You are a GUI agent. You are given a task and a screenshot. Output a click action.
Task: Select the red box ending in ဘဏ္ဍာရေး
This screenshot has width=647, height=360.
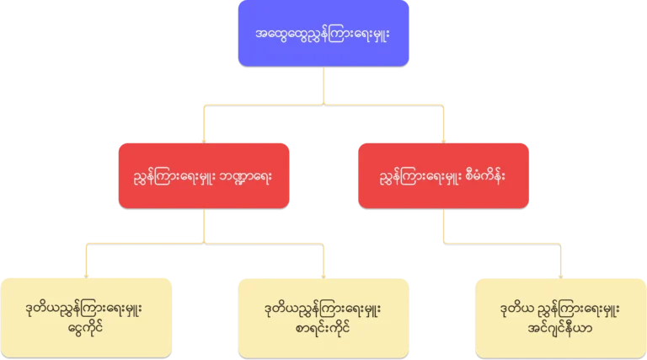click(205, 175)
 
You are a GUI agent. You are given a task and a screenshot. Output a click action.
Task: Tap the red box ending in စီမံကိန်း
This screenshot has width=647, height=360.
click(443, 175)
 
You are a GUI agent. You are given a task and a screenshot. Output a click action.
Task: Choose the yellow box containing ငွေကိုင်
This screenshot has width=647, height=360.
click(87, 317)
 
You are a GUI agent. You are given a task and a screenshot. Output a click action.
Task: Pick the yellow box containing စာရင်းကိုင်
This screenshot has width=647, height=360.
click(323, 317)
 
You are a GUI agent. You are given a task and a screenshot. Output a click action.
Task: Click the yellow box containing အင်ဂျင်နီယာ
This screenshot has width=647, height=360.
click(560, 317)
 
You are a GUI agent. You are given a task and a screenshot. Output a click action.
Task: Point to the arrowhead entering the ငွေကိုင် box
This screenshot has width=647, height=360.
click(87, 271)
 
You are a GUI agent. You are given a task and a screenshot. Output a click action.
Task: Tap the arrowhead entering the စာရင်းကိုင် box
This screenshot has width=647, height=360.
click(323, 271)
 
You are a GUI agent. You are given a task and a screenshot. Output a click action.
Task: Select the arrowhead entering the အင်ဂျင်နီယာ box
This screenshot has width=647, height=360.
click(560, 271)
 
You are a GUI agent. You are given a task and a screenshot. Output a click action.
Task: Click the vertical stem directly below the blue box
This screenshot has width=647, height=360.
click(323, 84)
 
